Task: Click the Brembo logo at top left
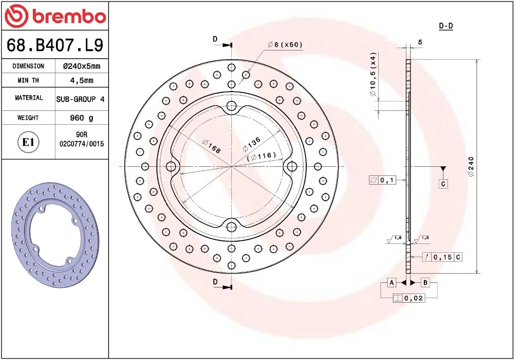coord(55,17)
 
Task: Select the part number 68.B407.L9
coord(54,45)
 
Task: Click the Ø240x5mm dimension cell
coord(81,66)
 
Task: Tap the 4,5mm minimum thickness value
coord(81,80)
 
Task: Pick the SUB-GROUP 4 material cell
coord(80,99)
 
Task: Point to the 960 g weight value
coord(81,118)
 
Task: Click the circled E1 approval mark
coord(28,142)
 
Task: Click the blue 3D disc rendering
coord(55,235)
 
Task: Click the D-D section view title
coord(446,26)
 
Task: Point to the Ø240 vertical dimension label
coord(471,167)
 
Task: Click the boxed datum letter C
coord(442,184)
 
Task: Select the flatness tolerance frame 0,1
coord(382,180)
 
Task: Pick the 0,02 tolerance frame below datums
coord(408,298)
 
